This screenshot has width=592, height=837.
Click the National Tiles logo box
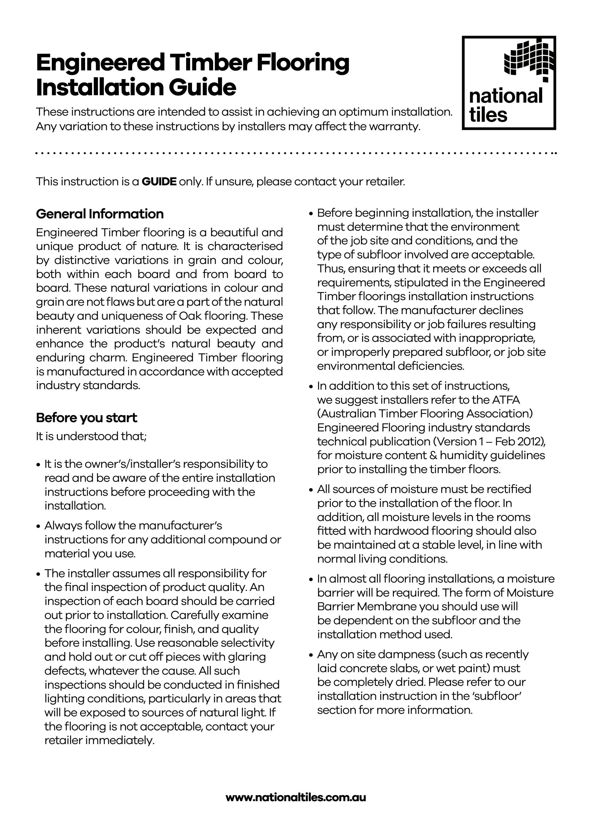tap(509, 83)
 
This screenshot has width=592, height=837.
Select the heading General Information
tap(100, 214)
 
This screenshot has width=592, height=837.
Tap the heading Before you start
tap(86, 417)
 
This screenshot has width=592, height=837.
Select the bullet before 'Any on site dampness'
tap(311, 655)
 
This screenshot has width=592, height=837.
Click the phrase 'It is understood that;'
tap(91, 436)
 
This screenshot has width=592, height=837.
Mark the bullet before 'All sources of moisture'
tap(311, 490)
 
